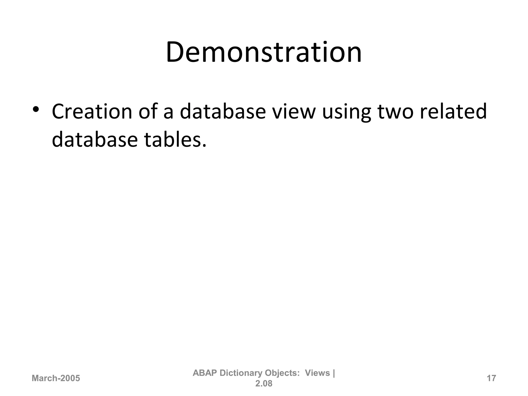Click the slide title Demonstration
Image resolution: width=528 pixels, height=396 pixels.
264,52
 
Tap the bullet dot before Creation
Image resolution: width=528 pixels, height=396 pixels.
36,109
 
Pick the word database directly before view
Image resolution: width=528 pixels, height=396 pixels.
223,112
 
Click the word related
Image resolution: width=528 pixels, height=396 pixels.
453,112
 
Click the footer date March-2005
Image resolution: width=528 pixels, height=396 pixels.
56,378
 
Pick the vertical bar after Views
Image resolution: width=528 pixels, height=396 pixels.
334,373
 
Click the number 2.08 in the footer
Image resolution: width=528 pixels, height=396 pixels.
264,384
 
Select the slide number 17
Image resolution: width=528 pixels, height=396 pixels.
491,378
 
